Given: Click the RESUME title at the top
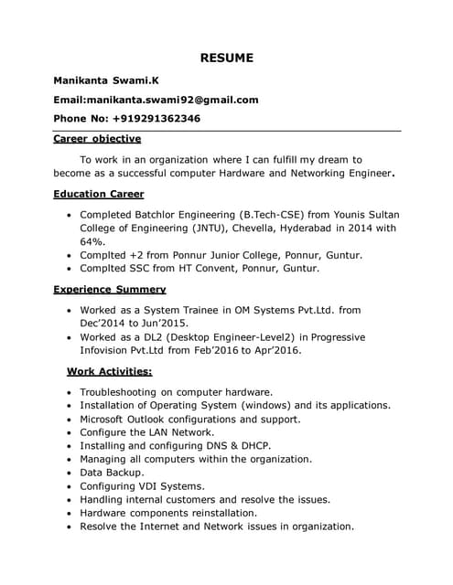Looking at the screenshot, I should pyautogui.click(x=226, y=58).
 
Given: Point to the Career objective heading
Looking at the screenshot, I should pyautogui.click(x=97, y=139).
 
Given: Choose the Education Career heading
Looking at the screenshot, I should pyautogui.click(x=98, y=194).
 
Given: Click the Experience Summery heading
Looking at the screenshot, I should pyautogui.click(x=110, y=289).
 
